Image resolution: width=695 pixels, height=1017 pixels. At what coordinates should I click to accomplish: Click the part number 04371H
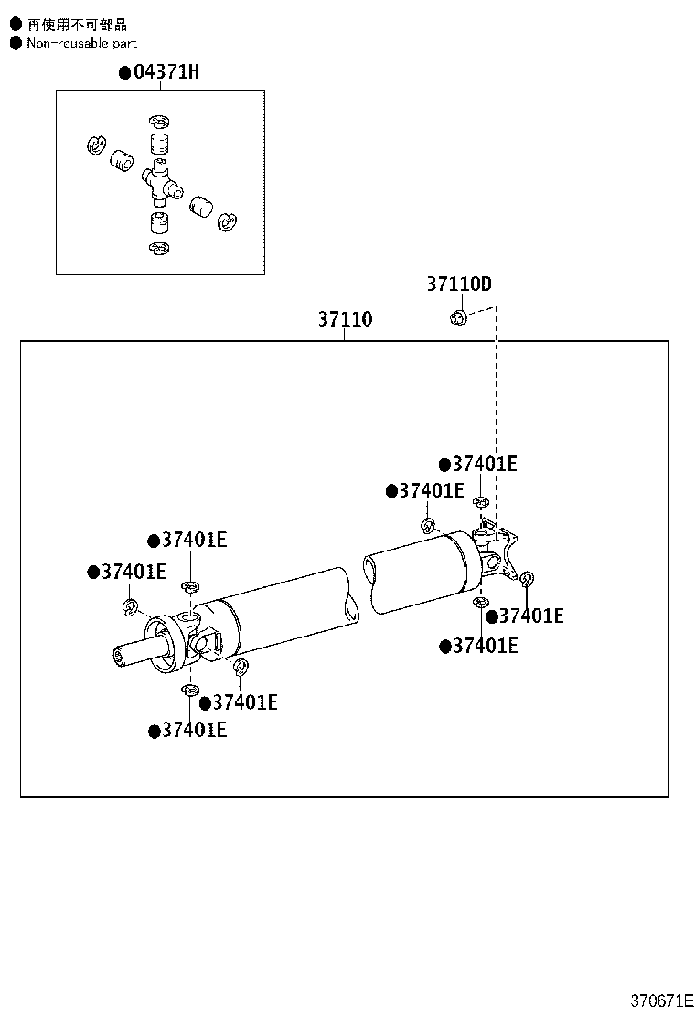pyautogui.click(x=165, y=72)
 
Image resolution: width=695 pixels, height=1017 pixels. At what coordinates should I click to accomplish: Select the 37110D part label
pyautogui.click(x=458, y=284)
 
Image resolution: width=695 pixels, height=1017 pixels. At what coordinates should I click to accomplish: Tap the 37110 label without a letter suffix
pyautogui.click(x=345, y=319)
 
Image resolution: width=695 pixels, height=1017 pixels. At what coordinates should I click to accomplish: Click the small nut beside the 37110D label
pyautogui.click(x=459, y=316)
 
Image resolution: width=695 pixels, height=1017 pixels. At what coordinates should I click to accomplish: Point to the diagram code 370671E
pyautogui.click(x=661, y=1001)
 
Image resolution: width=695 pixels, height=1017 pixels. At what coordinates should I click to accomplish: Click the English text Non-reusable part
pyautogui.click(x=81, y=43)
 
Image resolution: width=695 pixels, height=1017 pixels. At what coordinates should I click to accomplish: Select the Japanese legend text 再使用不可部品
pyautogui.click(x=77, y=25)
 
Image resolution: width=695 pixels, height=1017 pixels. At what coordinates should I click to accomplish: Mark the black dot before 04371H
pyautogui.click(x=125, y=73)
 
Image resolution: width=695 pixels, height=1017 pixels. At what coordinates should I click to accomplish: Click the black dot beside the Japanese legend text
pyautogui.click(x=15, y=25)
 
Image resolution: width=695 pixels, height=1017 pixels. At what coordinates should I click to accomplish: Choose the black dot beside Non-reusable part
pyautogui.click(x=15, y=43)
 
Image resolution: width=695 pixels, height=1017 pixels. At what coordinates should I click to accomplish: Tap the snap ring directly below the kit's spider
pyautogui.click(x=159, y=249)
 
